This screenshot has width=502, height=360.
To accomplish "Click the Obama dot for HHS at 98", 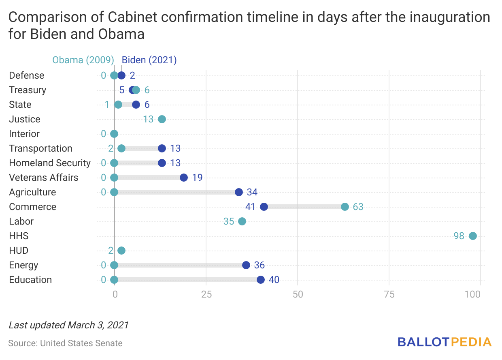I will [x=473, y=236].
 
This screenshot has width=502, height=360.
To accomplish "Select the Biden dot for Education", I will [x=261, y=280].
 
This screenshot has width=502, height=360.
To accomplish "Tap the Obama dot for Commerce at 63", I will [x=345, y=207].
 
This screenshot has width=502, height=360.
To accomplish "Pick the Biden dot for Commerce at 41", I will [x=264, y=207].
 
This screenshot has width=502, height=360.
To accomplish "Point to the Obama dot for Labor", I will [x=242, y=221].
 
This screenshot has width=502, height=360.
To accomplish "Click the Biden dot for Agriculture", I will [x=239, y=192].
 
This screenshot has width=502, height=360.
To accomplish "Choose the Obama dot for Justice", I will [x=162, y=119].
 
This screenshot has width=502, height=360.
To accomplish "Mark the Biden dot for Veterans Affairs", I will [x=184, y=178].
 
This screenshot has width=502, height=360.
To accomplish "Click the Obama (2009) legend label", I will [x=83, y=60].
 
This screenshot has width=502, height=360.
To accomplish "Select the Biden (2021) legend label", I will [x=149, y=60].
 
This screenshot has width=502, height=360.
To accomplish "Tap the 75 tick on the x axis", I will [x=389, y=294].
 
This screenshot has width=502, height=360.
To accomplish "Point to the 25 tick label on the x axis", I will [x=206, y=294].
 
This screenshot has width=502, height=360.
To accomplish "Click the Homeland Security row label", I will [x=50, y=163].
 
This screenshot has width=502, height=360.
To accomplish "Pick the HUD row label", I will [x=19, y=251].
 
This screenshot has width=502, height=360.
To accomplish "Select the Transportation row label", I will [x=40, y=148].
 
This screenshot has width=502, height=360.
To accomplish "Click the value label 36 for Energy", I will [x=260, y=265].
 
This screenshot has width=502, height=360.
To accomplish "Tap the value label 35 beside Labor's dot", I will [x=229, y=221].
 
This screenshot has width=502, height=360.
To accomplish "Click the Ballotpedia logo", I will [x=445, y=342].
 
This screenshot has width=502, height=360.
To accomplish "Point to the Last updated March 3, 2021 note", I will [x=68, y=325].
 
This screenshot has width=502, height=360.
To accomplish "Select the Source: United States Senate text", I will [x=65, y=343].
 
